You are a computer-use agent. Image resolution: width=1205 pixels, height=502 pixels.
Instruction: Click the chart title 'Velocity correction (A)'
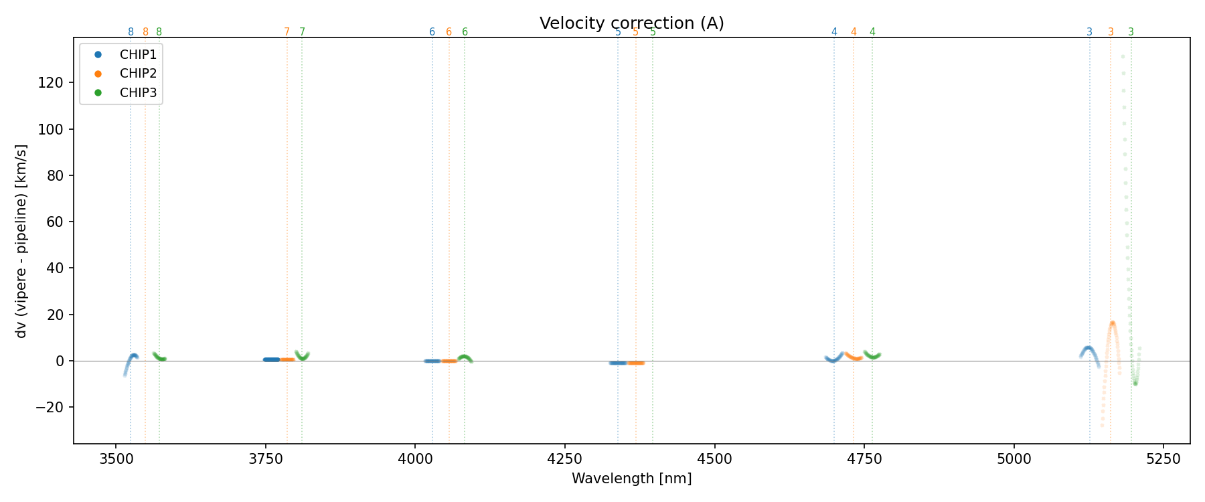click(631, 23)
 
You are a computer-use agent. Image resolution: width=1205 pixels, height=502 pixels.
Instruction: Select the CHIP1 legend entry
click(137, 55)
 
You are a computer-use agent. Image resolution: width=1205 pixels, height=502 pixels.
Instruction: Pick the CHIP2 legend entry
click(137, 74)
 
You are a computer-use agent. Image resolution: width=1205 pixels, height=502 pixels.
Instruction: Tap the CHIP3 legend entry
click(137, 93)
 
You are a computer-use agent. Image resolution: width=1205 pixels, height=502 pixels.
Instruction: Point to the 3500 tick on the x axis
click(116, 458)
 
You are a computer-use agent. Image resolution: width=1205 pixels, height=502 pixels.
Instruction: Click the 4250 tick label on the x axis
click(565, 458)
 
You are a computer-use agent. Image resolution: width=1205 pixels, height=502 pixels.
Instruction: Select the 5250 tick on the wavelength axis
click(1163, 458)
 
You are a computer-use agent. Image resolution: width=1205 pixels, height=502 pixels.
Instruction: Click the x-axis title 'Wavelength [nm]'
click(631, 479)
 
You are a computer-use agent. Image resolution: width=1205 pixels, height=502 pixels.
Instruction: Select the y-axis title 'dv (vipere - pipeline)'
click(21, 241)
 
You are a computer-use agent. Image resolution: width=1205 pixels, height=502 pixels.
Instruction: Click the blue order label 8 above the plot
click(131, 32)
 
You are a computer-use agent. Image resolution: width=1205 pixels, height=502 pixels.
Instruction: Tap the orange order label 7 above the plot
click(287, 32)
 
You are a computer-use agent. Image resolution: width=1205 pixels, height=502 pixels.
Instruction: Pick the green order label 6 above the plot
click(465, 32)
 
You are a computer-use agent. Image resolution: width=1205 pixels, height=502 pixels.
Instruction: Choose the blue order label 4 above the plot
click(834, 32)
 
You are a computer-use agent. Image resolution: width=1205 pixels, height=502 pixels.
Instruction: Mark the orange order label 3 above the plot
click(1111, 32)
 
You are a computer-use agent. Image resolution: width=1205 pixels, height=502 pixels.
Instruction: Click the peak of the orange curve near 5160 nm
click(1112, 323)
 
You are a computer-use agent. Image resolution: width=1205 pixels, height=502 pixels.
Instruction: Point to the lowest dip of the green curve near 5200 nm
click(1135, 384)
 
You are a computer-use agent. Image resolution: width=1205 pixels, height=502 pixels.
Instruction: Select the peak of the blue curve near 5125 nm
click(1089, 348)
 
